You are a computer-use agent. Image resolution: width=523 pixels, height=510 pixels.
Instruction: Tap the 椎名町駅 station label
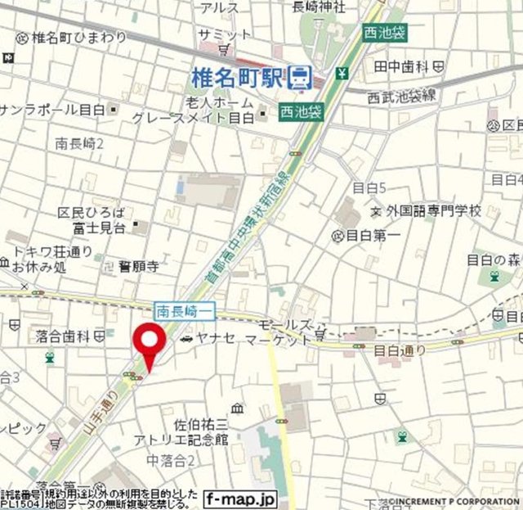pyautogui.click(x=236, y=77)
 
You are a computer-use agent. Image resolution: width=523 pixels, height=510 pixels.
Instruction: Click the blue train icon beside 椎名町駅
pyautogui.click(x=302, y=77)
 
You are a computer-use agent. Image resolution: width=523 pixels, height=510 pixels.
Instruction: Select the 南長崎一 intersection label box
pyautogui.click(x=186, y=309)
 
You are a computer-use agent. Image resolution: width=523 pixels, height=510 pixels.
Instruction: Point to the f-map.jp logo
pyautogui.click(x=242, y=498)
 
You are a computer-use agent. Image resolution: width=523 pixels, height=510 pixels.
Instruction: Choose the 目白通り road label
pyautogui.click(x=400, y=350)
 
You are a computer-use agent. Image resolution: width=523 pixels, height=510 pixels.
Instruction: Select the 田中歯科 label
pyautogui.click(x=402, y=65)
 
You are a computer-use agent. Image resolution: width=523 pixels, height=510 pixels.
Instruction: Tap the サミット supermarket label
pyautogui.click(x=226, y=34)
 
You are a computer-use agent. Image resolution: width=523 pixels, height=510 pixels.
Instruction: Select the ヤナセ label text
pyautogui.click(x=214, y=339)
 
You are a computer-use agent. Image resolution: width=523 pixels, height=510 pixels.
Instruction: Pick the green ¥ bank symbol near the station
pyautogui.click(x=342, y=73)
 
